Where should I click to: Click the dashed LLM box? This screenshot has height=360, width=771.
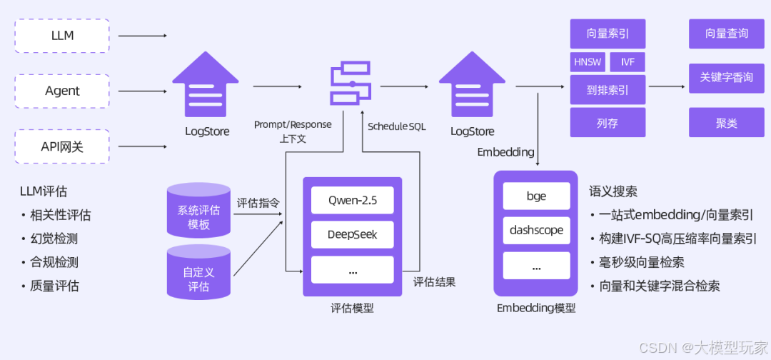(x=62, y=36)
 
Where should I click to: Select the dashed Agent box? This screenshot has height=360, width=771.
(x=62, y=91)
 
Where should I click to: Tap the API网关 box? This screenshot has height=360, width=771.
(x=62, y=146)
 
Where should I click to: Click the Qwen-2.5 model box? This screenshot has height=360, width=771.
(x=352, y=200)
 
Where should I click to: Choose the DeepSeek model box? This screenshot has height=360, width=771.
(x=352, y=234)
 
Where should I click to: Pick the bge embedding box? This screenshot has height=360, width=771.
(x=536, y=196)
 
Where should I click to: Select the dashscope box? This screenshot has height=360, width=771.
(x=536, y=231)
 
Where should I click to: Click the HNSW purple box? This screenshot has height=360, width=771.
(x=588, y=62)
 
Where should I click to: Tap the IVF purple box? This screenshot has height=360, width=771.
(x=628, y=62)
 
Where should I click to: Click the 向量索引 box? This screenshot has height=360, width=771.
(x=608, y=34)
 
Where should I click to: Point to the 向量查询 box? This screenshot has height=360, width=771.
(x=726, y=34)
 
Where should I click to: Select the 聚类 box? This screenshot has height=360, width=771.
(x=726, y=123)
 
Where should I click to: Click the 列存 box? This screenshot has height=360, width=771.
(x=608, y=123)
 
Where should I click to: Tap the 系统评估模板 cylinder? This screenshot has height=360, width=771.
(x=198, y=211)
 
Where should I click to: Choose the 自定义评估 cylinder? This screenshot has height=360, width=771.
(x=198, y=273)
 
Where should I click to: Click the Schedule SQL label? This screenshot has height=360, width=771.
(x=396, y=126)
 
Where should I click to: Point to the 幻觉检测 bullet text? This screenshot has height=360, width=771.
(x=54, y=239)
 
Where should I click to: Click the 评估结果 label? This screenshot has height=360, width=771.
(x=434, y=281)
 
